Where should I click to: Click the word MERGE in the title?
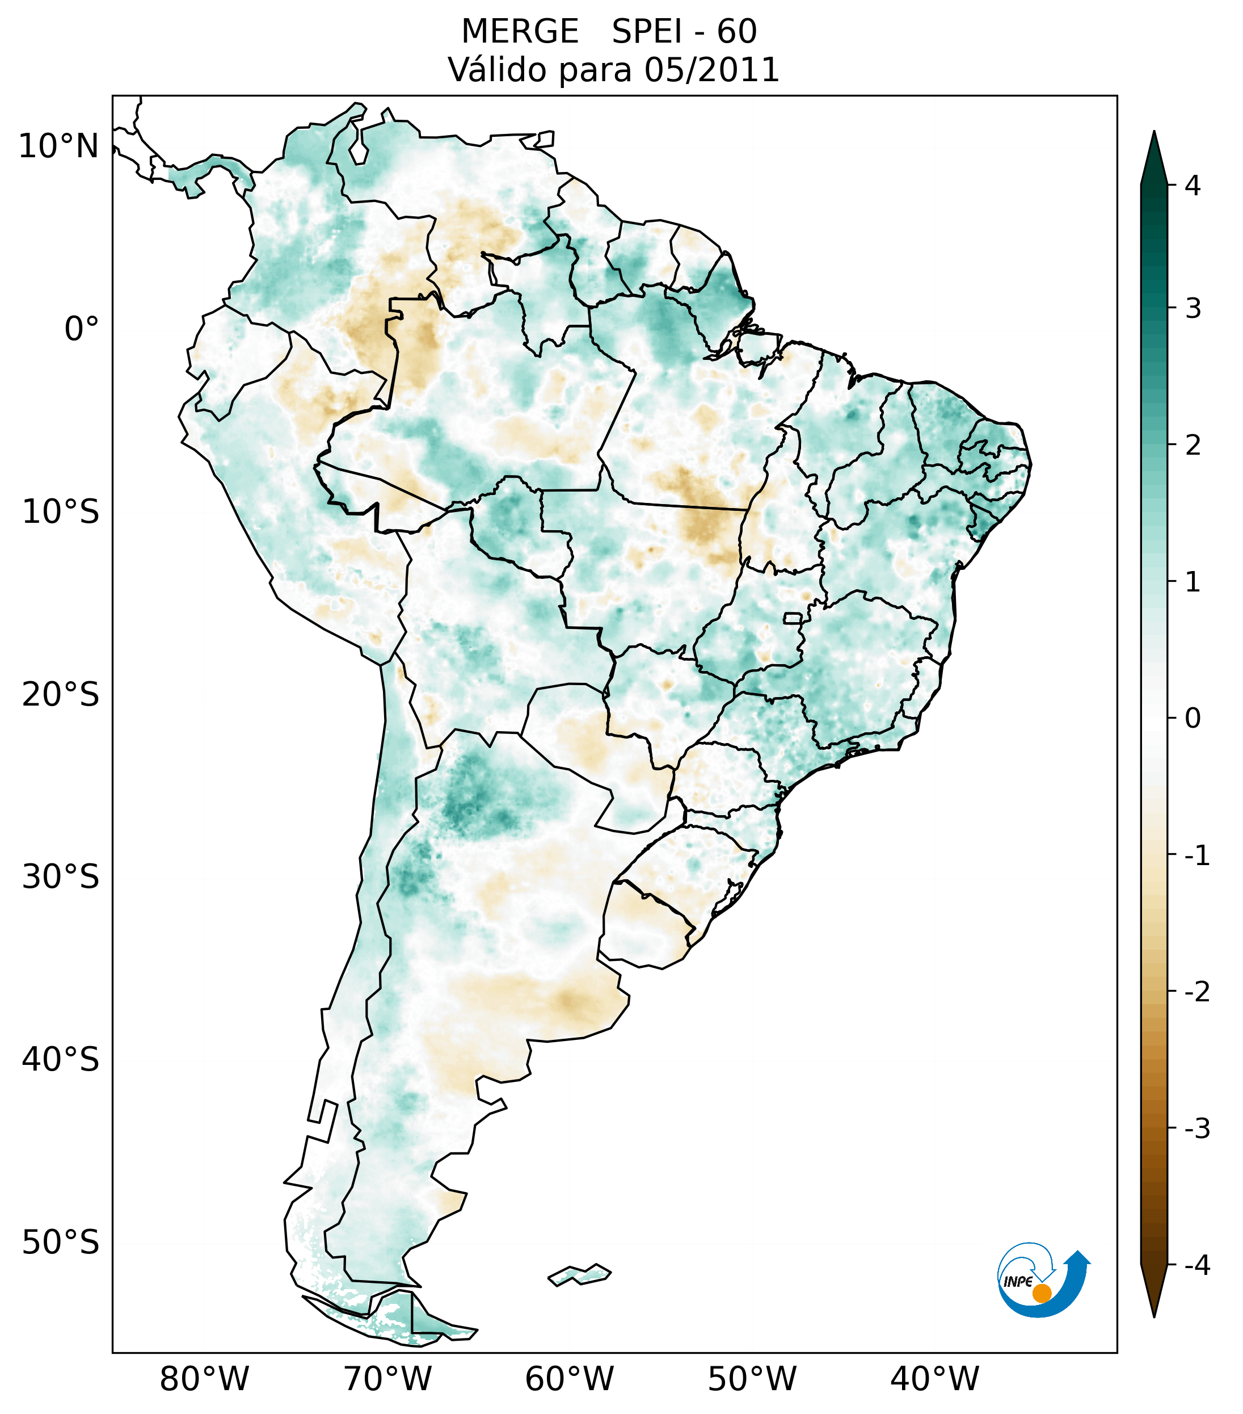519,32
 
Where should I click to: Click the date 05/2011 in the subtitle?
711,70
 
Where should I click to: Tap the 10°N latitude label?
59,146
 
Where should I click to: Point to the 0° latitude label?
82,329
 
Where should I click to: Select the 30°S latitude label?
61,877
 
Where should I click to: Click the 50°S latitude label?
61,1243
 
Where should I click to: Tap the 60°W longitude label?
569,1379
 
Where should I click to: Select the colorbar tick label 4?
1193,186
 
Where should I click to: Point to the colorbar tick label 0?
1193,719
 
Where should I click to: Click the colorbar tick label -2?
1196,992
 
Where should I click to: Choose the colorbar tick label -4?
1196,1265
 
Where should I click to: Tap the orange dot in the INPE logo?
1042,1293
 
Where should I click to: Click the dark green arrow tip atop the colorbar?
1154,156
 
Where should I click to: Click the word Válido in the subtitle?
498,70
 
